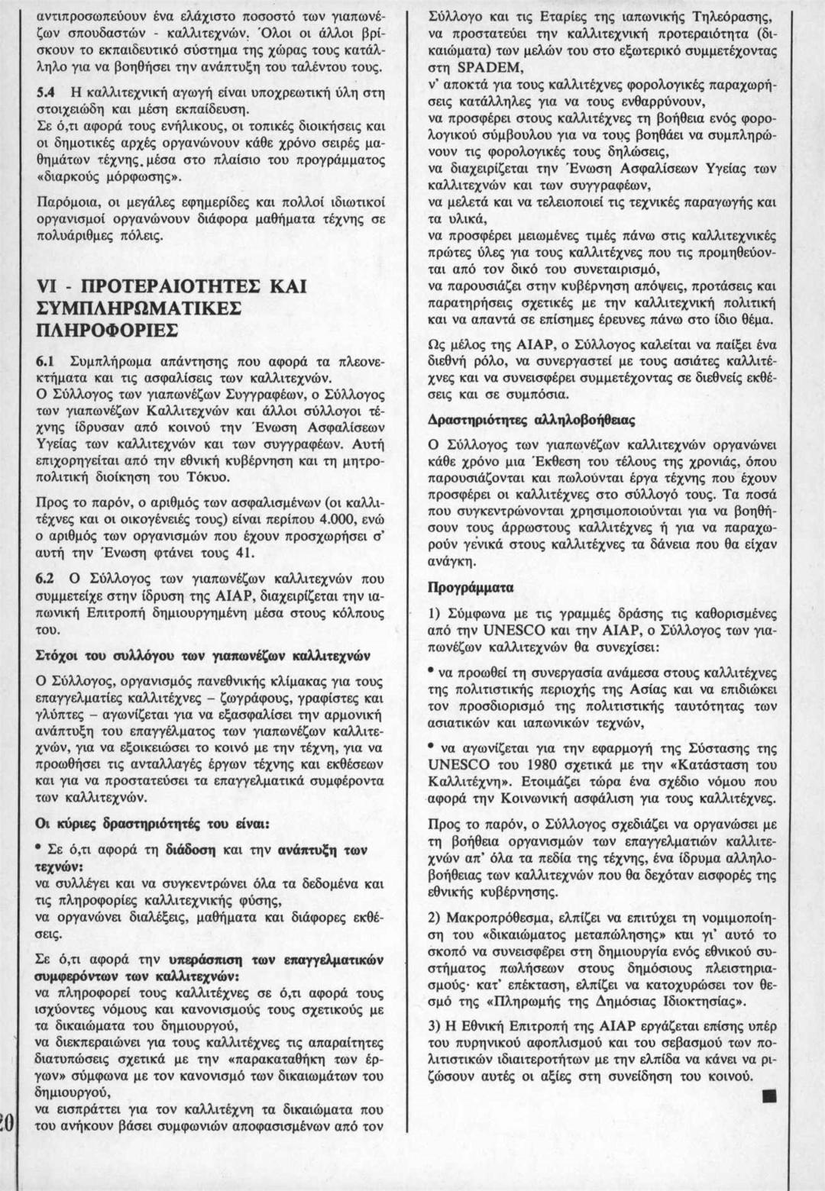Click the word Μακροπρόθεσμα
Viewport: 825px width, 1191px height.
tap(497, 916)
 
